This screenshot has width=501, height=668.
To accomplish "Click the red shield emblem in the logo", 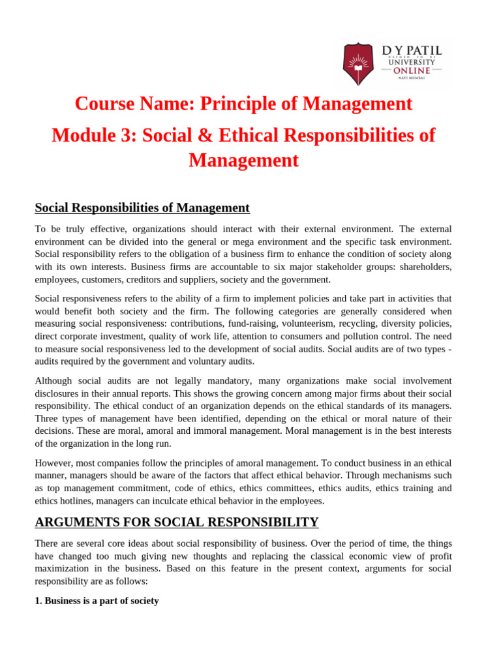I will (x=358, y=64).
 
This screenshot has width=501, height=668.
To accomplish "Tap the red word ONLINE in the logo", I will (x=411, y=70).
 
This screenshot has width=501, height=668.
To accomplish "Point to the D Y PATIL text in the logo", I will (x=412, y=50).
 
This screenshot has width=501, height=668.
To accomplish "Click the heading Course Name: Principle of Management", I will (x=243, y=104).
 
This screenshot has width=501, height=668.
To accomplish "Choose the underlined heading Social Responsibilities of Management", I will (x=142, y=207).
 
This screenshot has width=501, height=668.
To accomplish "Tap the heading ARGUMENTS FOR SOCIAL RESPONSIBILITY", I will (x=176, y=522).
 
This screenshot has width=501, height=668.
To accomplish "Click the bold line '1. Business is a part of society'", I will (x=97, y=601).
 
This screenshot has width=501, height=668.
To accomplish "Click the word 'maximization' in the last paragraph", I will (x=65, y=568).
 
